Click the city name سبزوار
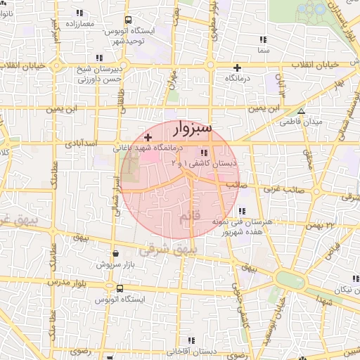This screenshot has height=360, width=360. [x=191, y=131]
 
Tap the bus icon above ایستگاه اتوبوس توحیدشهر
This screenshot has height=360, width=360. [x=127, y=21]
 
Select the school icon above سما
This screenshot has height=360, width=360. [x=264, y=40]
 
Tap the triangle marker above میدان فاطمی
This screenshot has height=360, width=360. [x=301, y=111]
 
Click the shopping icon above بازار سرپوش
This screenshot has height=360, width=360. [x=115, y=254]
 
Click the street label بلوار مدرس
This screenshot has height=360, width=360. [x=65, y=281]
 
